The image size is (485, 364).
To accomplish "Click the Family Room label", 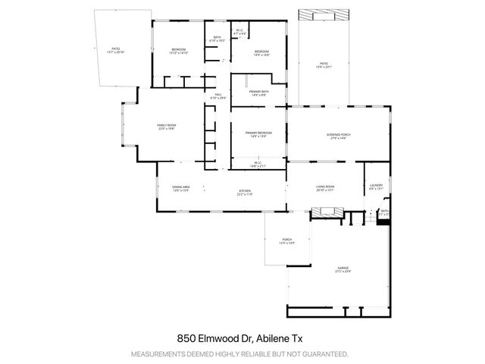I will pyautogui.click(x=167, y=126).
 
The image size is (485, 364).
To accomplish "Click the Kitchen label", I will pyautogui.click(x=244, y=192).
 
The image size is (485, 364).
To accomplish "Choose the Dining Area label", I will pyautogui.click(x=180, y=188).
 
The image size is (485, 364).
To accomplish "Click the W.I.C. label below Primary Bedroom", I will pyautogui.click(x=258, y=163).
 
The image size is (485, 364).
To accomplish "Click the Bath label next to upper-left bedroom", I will pyautogui.click(x=217, y=39).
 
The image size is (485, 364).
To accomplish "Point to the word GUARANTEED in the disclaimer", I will pyautogui.click(x=327, y=354).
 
